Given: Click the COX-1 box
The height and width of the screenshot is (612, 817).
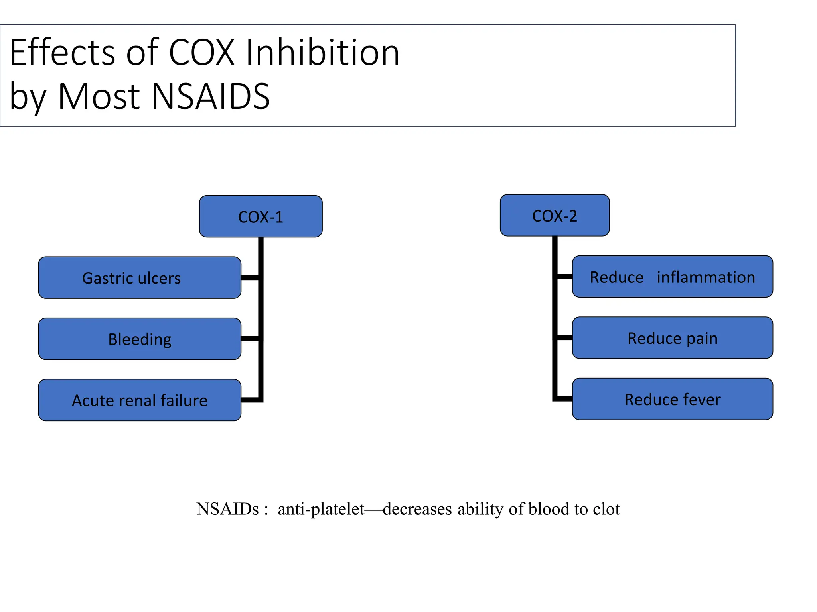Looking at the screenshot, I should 260,216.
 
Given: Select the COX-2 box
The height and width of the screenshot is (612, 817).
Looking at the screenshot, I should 555,216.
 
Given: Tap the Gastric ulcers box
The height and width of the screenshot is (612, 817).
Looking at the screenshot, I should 140,278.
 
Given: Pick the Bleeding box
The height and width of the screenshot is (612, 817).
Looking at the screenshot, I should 140,339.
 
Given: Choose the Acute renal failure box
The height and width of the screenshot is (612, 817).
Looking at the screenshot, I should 140,400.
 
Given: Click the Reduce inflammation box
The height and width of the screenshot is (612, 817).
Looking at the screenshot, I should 672,277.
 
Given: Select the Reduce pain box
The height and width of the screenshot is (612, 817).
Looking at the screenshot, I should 672,338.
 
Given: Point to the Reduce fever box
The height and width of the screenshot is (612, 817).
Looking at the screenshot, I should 672,399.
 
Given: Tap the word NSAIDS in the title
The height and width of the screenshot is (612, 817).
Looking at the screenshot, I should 211,96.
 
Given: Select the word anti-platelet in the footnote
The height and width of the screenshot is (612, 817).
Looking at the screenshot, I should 321,509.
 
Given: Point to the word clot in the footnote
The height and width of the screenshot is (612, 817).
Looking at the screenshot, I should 606,509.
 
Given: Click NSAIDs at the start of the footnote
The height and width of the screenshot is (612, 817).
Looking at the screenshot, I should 227,509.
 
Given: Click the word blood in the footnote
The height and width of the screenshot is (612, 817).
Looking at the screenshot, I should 549,509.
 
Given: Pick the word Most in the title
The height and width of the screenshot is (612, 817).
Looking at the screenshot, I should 99,96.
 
